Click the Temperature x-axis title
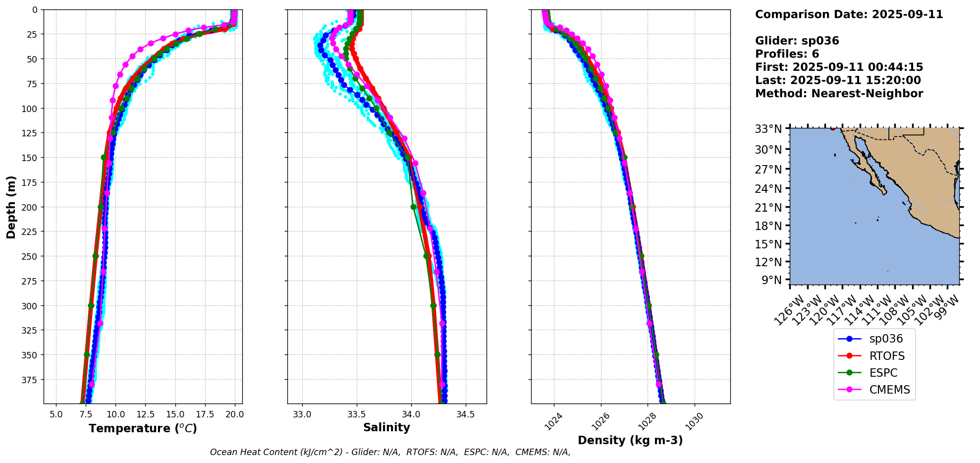tap(143, 428)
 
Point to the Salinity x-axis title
tap(386, 427)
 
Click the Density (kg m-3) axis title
tap(630, 440)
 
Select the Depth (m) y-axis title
tap(11, 207)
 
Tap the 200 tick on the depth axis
tap(30, 207)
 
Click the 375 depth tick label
tap(30, 380)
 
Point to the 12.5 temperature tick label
tap(145, 414)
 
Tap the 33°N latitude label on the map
tap(768, 129)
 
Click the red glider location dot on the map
tap(833, 128)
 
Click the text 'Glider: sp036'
tap(797, 41)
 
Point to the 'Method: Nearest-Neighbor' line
tap(839, 94)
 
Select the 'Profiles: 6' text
tap(787, 54)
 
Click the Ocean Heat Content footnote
tap(390, 452)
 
